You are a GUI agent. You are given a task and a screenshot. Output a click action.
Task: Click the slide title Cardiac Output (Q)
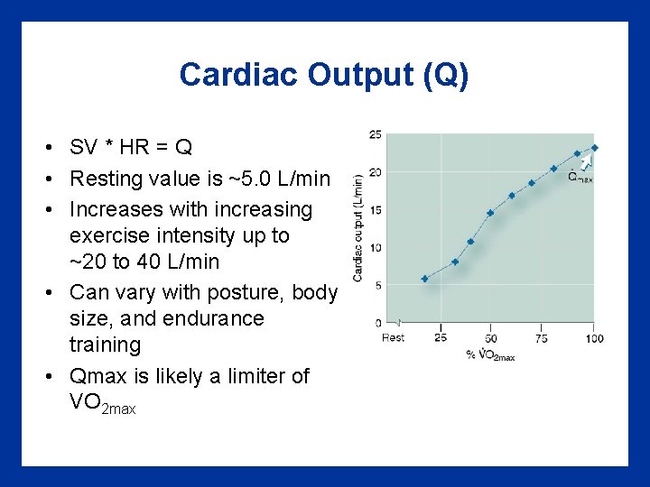click(x=324, y=74)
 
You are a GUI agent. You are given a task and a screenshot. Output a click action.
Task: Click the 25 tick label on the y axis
click(x=375, y=135)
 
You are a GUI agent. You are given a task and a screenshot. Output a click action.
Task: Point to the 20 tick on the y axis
click(x=375, y=172)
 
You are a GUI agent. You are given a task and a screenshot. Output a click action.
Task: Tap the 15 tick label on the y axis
click(x=375, y=210)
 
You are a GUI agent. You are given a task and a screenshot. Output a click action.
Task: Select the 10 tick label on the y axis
click(x=375, y=248)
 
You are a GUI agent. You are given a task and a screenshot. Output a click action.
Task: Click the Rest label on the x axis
click(x=393, y=338)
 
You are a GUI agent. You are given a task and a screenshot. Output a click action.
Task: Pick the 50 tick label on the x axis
click(x=490, y=338)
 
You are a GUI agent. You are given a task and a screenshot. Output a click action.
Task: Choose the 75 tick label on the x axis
click(x=541, y=338)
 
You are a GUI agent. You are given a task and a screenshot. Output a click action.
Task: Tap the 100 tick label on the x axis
click(x=593, y=338)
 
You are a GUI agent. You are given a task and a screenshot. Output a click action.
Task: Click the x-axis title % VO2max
click(x=490, y=354)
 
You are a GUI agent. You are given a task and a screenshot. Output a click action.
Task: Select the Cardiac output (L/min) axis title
click(x=358, y=227)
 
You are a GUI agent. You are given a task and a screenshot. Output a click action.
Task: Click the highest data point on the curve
click(x=594, y=148)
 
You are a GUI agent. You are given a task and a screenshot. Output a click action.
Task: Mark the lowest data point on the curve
click(x=424, y=279)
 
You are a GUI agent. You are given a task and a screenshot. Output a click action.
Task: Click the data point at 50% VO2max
click(x=490, y=213)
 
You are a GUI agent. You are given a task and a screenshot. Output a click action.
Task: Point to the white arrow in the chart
click(x=586, y=161)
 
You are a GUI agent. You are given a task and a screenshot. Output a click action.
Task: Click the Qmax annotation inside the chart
click(x=580, y=177)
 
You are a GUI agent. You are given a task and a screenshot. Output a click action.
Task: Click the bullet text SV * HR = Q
click(x=131, y=147)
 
